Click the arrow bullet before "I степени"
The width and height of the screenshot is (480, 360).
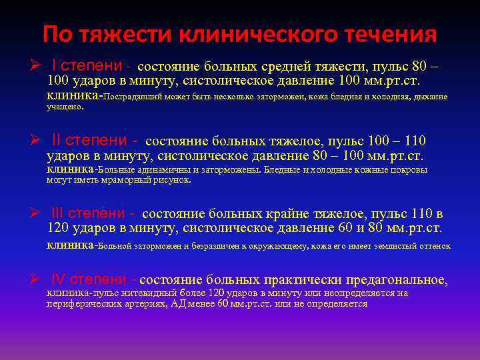coord(37,66)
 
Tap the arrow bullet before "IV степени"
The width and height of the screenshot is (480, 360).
coord(37,279)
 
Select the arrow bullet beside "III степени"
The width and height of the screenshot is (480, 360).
coord(37,213)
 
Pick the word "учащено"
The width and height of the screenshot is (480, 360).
coord(65,107)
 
